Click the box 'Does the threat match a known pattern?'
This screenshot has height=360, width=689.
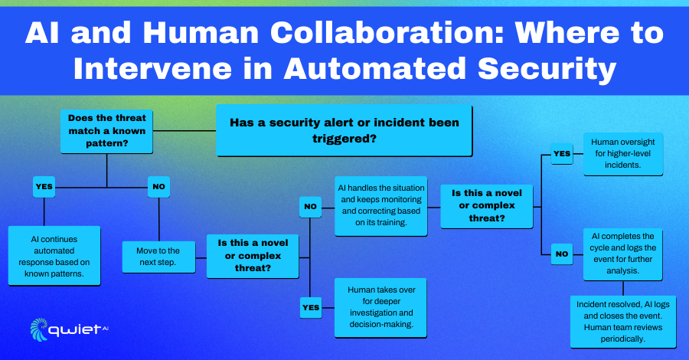(x=106, y=132)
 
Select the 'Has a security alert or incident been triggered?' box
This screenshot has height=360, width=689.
(x=344, y=130)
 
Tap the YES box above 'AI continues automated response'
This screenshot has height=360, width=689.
(x=44, y=187)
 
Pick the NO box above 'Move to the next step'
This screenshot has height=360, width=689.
(x=158, y=187)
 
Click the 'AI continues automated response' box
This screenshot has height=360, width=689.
(x=54, y=256)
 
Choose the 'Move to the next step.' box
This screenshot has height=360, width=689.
(x=158, y=257)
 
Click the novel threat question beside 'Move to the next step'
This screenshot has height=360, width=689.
(x=253, y=257)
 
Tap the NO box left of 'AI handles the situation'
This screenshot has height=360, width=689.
(x=310, y=207)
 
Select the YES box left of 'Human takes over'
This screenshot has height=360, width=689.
(x=311, y=308)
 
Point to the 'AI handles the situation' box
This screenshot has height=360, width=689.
(x=381, y=206)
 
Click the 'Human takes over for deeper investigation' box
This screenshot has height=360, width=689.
(x=381, y=308)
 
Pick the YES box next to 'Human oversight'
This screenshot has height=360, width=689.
(x=562, y=154)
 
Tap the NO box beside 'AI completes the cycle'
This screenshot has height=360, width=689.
(x=562, y=254)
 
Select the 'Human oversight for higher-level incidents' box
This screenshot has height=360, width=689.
(x=623, y=154)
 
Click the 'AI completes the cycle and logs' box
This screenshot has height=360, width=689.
(x=623, y=254)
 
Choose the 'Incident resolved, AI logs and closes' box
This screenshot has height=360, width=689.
(x=623, y=322)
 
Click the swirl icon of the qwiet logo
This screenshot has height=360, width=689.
(x=39, y=329)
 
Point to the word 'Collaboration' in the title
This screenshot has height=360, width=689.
(x=387, y=33)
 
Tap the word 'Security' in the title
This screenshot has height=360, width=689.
(x=547, y=70)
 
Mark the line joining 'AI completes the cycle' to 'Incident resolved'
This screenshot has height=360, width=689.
(x=623, y=288)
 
